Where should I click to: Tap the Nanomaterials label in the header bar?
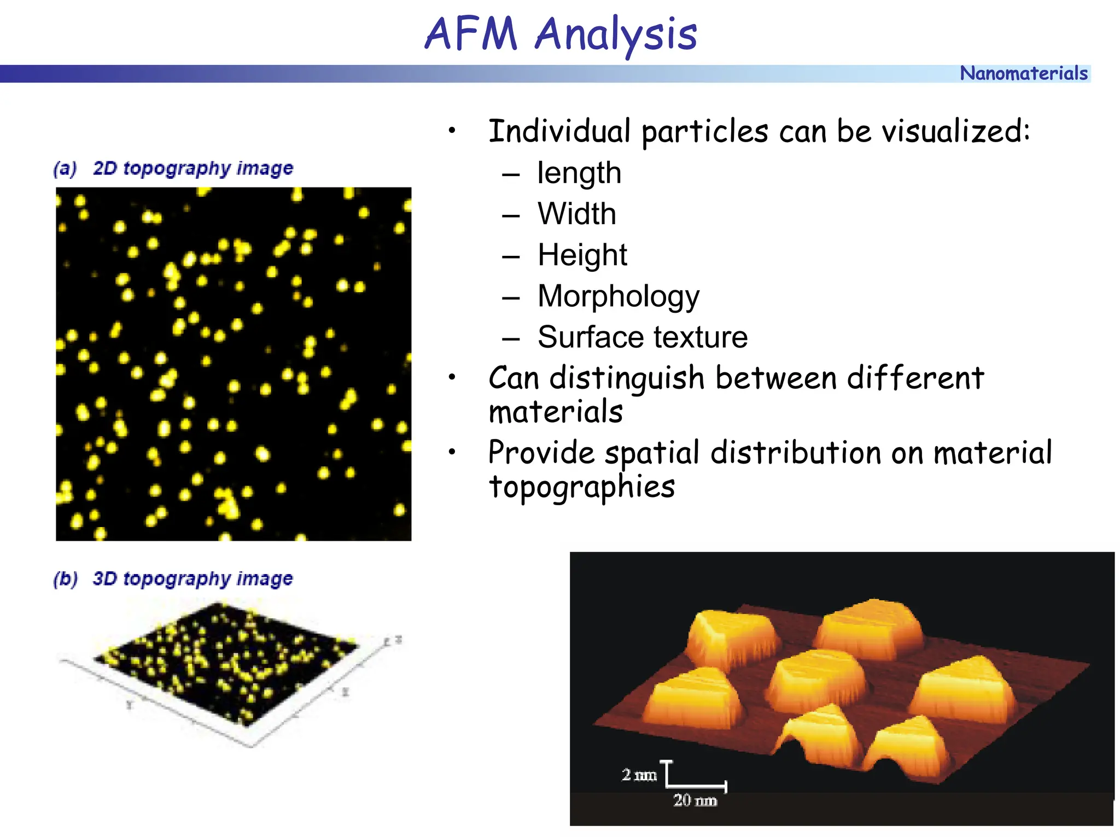(x=1023, y=73)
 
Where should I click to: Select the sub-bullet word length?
(x=579, y=174)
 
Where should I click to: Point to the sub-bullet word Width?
(x=576, y=214)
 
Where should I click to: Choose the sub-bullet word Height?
(x=582, y=255)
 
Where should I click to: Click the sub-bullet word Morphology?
(x=618, y=297)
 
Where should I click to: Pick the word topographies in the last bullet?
(x=582, y=487)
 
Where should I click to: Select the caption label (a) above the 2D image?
(x=65, y=168)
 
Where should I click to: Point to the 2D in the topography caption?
(x=104, y=168)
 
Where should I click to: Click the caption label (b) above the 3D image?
(x=65, y=578)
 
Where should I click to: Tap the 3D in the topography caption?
(x=104, y=578)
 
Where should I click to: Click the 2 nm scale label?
(x=639, y=775)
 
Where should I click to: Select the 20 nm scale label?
(x=695, y=800)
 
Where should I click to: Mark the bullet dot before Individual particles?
(x=452, y=131)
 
